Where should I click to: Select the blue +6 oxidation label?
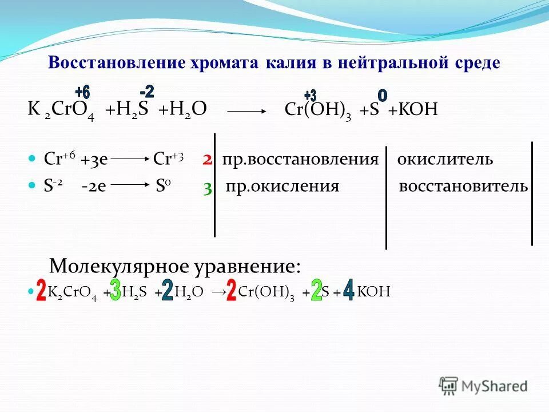point(82,92)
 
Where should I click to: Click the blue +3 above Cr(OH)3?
point(310,95)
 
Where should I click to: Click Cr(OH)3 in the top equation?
point(320,110)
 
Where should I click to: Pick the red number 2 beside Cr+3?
point(207,160)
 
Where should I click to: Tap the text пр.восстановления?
point(300,160)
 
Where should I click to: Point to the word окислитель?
point(444,160)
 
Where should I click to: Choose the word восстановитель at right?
point(463,187)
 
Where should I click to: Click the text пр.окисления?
point(283,187)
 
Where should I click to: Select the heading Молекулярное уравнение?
point(174,266)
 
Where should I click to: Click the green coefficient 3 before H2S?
point(116,290)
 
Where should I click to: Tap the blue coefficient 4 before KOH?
point(348,290)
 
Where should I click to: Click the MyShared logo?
point(483,385)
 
